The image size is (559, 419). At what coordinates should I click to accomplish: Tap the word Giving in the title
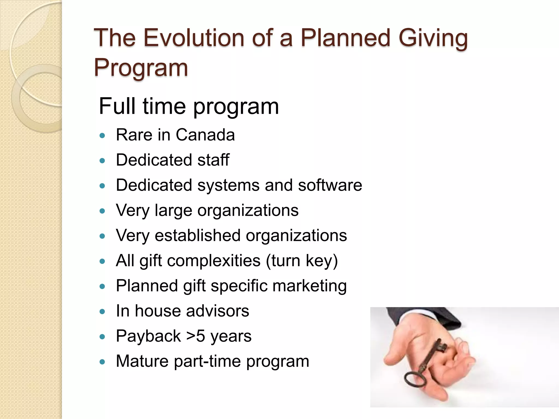tap(433, 38)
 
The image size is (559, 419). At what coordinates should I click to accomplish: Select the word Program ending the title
tap(141, 68)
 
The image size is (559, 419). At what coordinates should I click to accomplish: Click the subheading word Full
tap(118, 106)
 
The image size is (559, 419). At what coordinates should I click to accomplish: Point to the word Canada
tap(205, 135)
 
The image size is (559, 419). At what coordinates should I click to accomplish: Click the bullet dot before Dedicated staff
tap(102, 161)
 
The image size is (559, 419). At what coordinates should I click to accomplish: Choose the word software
tap(330, 185)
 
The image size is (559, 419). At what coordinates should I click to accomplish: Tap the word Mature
tap(142, 361)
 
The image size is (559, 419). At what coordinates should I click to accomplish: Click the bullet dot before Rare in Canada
tap(102, 136)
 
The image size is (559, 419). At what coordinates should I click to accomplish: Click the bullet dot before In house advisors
tap(102, 312)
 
